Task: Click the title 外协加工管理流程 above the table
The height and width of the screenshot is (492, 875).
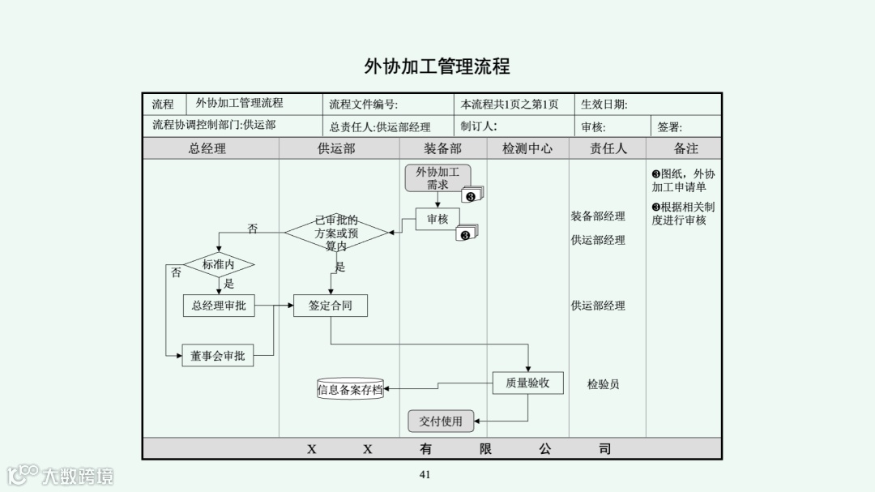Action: tap(437, 66)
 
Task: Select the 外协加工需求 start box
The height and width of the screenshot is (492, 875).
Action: tap(437, 178)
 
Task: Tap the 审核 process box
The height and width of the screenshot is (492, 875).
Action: tap(437, 219)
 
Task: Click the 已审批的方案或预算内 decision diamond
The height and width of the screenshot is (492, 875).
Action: tap(336, 233)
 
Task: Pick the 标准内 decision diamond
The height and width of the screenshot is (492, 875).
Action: tap(219, 264)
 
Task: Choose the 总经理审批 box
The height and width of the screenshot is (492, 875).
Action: tap(219, 306)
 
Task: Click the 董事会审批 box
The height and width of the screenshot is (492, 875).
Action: tap(218, 355)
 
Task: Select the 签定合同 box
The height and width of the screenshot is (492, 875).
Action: tap(331, 306)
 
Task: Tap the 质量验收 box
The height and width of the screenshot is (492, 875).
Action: tap(527, 383)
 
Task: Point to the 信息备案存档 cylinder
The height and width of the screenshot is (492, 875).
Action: tap(350, 389)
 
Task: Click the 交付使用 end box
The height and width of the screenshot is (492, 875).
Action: tap(440, 421)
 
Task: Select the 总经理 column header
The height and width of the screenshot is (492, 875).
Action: tap(207, 148)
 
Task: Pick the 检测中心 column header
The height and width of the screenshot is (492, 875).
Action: tap(527, 148)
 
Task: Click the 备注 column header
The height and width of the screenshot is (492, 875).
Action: tap(685, 148)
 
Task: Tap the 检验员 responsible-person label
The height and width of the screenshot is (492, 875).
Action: tap(604, 384)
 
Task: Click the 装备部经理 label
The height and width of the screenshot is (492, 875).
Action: tap(598, 216)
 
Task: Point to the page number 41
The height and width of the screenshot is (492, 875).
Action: tap(425, 475)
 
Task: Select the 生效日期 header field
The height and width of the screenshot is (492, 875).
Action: tap(604, 105)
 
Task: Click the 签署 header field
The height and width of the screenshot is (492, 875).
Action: tap(669, 127)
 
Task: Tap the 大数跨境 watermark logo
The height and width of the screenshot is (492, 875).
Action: tap(61, 475)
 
